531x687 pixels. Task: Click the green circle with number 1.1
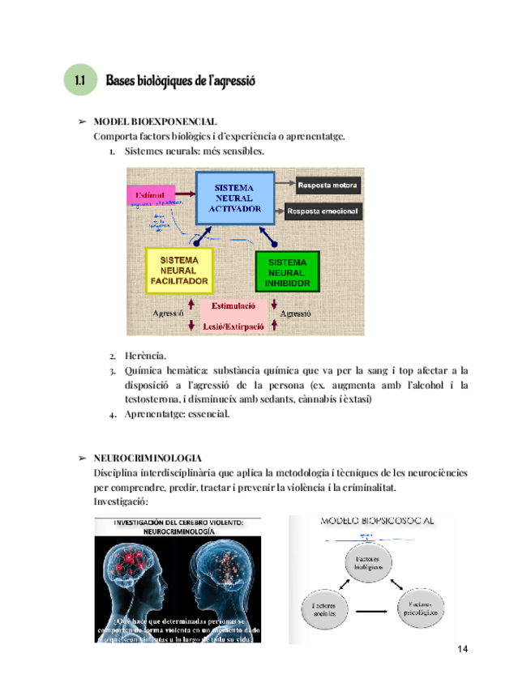[x=79, y=81]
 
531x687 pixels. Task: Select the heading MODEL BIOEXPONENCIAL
[x=155, y=122]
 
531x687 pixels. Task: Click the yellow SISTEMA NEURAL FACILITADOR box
[x=179, y=271]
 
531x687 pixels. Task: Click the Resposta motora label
[x=328, y=186]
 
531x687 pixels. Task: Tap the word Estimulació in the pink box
[x=233, y=306]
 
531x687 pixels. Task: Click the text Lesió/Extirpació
[x=233, y=326]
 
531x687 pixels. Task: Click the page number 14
[x=463, y=650]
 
